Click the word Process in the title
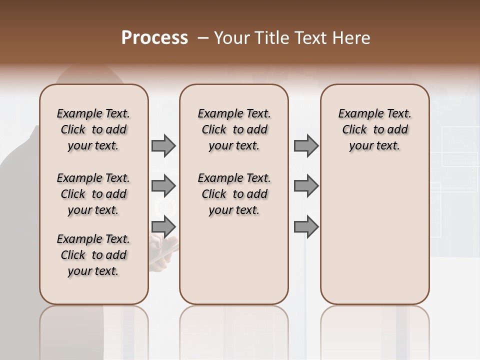pyautogui.click(x=154, y=38)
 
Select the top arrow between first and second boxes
pyautogui.click(x=163, y=146)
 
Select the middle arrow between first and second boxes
pyautogui.click(x=163, y=186)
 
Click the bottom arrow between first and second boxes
pyautogui.click(x=163, y=226)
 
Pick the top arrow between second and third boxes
pyautogui.click(x=306, y=146)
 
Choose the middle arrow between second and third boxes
pyautogui.click(x=306, y=186)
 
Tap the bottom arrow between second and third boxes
pyautogui.click(x=306, y=226)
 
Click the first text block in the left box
pyautogui.click(x=93, y=129)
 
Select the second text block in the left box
pyautogui.click(x=93, y=194)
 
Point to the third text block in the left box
pyautogui.click(x=93, y=255)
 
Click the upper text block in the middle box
pyautogui.click(x=234, y=129)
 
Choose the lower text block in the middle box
pyautogui.click(x=234, y=194)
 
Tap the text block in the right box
pyautogui.click(x=374, y=129)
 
